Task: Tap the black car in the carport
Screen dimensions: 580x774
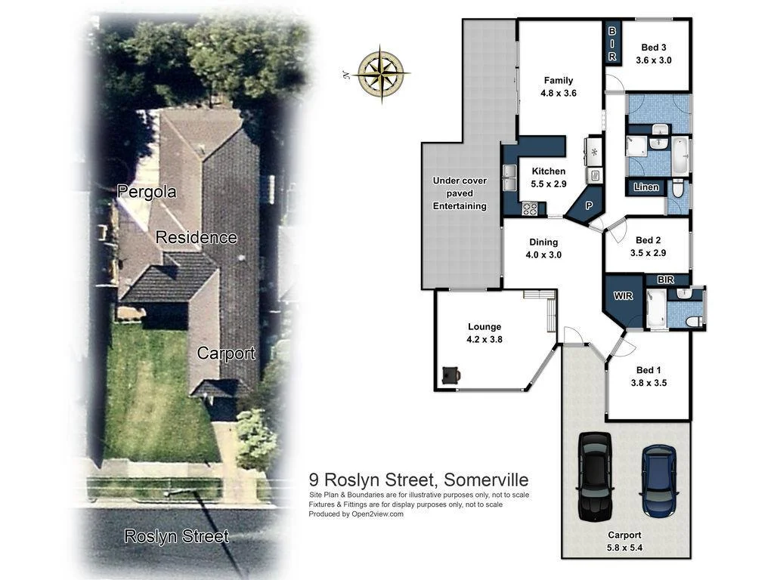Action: point(594,476)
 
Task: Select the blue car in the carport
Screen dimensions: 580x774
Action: point(658,480)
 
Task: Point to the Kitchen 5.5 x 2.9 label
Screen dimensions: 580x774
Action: point(548,177)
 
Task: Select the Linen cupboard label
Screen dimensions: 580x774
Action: point(646,187)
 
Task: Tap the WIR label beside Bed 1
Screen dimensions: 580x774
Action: point(623,295)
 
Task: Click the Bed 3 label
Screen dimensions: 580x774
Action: point(655,53)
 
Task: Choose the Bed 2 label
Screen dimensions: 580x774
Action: point(648,247)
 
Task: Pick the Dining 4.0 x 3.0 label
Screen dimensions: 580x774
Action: point(543,248)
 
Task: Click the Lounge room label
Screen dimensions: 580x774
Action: point(485,333)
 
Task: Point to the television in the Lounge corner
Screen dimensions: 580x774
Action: point(451,374)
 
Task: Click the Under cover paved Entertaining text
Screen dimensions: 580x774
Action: point(460,193)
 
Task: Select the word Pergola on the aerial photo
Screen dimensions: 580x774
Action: point(147,192)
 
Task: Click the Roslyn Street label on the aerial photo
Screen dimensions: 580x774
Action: point(176,536)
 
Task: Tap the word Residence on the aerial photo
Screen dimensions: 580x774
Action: point(197,237)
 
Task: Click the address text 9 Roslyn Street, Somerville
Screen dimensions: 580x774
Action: point(419,480)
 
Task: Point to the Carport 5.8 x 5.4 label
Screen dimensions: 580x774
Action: point(624,540)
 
